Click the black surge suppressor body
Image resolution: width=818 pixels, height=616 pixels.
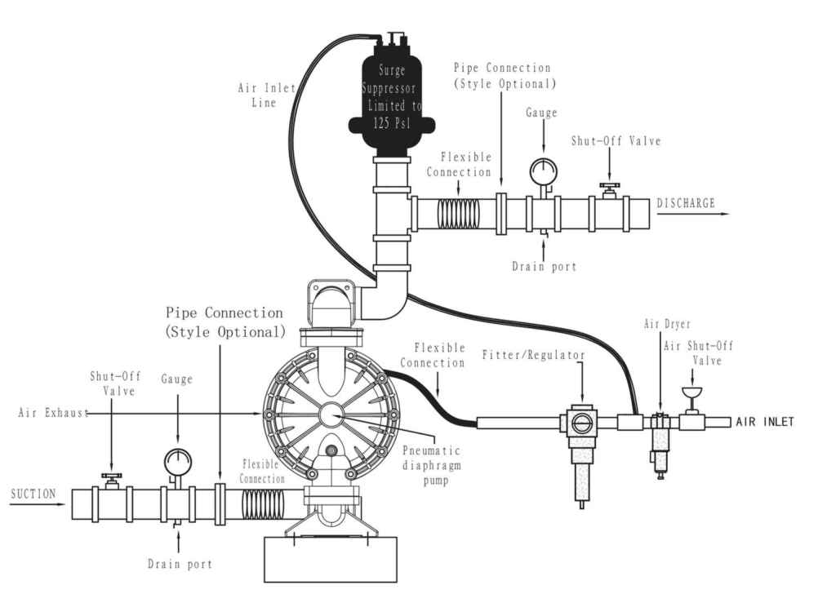(391, 99)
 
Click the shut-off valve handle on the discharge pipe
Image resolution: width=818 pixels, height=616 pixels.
(609, 186)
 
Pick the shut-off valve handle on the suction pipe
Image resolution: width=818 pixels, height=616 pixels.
(111, 476)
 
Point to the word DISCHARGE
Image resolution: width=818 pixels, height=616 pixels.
(686, 203)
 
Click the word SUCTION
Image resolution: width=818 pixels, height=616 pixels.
(33, 494)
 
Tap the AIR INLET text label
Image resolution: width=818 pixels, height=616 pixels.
(765, 422)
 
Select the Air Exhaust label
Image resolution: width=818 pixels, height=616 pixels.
(53, 413)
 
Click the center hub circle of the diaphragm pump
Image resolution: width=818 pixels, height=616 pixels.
(331, 414)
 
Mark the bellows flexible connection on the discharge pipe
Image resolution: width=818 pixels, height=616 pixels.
(458, 213)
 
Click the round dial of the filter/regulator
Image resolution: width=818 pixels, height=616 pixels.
(580, 423)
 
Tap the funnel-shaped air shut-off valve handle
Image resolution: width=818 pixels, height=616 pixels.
(691, 392)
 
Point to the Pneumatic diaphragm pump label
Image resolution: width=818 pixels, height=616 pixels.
(431, 465)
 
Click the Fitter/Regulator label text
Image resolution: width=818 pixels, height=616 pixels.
(533, 355)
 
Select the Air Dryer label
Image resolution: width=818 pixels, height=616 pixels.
(667, 324)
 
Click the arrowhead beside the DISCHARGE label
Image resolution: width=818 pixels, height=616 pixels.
(725, 214)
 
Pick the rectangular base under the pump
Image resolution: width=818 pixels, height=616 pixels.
(331, 559)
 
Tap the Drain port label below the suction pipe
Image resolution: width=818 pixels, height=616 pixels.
(180, 564)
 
